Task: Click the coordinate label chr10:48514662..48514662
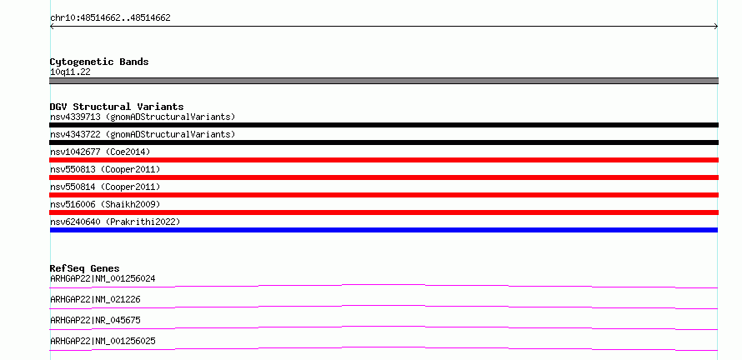tap(110, 18)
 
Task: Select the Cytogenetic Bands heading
tap(99, 62)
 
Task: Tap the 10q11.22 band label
tap(70, 72)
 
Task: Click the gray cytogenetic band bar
tap(384, 81)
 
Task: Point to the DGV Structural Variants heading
tap(117, 107)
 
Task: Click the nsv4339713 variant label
tap(143, 117)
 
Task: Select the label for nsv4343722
tap(143, 134)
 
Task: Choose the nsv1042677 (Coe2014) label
tap(100, 152)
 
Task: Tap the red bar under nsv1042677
tap(384, 160)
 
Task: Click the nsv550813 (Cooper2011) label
tap(105, 169)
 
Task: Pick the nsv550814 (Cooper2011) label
tap(105, 187)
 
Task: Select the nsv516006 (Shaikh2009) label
tap(105, 204)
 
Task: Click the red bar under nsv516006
tap(384, 212)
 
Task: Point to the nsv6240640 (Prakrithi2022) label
tap(115, 222)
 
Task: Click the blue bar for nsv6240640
tap(384, 230)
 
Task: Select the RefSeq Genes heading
tap(85, 268)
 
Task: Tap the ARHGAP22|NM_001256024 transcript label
tap(103, 278)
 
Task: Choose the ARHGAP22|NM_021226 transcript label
tap(95, 299)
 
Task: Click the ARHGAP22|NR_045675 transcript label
tap(95, 320)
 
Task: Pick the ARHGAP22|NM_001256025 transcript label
tap(103, 341)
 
